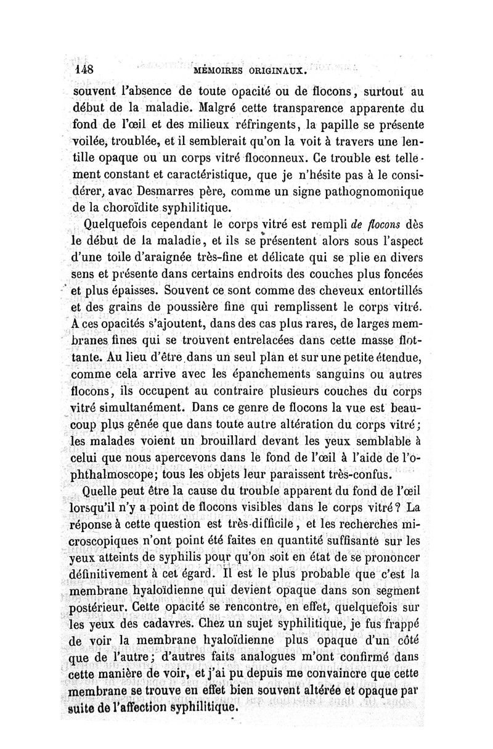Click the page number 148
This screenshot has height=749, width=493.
coord(82,70)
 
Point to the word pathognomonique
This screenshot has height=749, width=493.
coord(373,192)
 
